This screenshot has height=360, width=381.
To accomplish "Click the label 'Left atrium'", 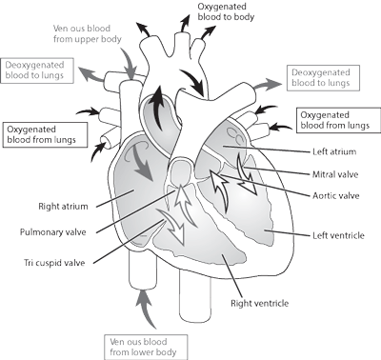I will (332, 151).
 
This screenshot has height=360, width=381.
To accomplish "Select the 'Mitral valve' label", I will (334, 174).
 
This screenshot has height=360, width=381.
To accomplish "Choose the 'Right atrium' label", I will (39, 203).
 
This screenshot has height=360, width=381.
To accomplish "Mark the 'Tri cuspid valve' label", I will (46, 261).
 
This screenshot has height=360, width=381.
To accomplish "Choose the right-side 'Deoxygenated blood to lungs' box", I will (324, 79).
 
